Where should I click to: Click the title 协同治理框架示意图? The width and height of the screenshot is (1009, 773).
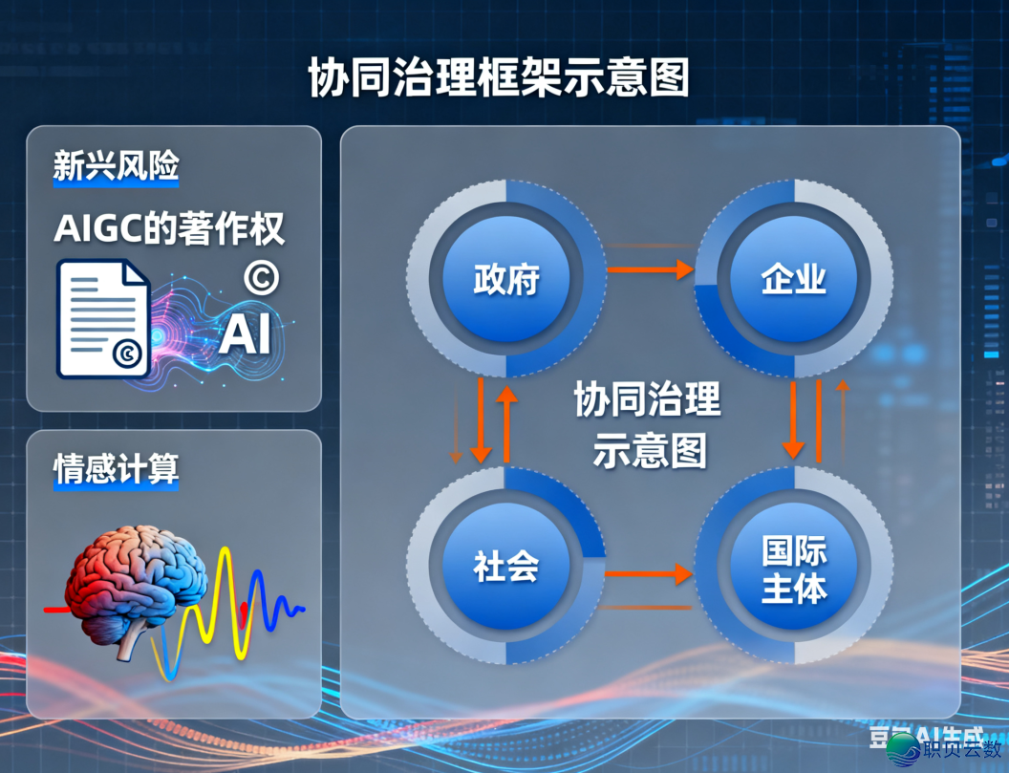pos(499,77)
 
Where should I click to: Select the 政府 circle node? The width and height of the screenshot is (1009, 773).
pos(506,279)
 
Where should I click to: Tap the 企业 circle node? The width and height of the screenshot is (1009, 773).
pos(794,279)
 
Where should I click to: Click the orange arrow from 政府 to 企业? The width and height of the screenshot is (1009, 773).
pos(650,270)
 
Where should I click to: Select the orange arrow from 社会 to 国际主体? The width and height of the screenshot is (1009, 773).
pos(650,573)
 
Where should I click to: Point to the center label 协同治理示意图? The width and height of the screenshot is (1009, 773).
pos(649,425)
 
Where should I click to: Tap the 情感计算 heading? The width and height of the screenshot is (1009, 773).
pos(116,470)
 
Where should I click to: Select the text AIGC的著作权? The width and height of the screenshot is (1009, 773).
pos(169,229)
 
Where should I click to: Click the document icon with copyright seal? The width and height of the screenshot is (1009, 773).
pos(103,318)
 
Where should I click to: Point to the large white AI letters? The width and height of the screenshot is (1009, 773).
pos(245,334)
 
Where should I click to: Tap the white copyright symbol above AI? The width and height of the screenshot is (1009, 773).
pos(261,277)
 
